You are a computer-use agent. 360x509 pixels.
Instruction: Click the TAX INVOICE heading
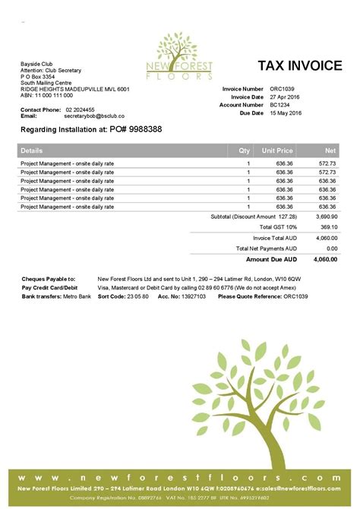point(299,66)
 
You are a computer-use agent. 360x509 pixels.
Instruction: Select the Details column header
point(33,150)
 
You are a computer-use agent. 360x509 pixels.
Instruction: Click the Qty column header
point(244,150)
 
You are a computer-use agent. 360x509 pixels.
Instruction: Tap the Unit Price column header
point(277,150)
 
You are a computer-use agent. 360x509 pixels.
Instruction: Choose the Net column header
point(330,150)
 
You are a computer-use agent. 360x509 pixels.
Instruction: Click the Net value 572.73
point(327,163)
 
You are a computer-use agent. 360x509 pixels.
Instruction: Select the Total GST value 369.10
point(327,226)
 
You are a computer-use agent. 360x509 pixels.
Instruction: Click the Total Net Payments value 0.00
point(330,248)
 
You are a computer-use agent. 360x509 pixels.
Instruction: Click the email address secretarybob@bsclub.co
point(93,115)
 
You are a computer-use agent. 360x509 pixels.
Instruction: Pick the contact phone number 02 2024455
point(81,109)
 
